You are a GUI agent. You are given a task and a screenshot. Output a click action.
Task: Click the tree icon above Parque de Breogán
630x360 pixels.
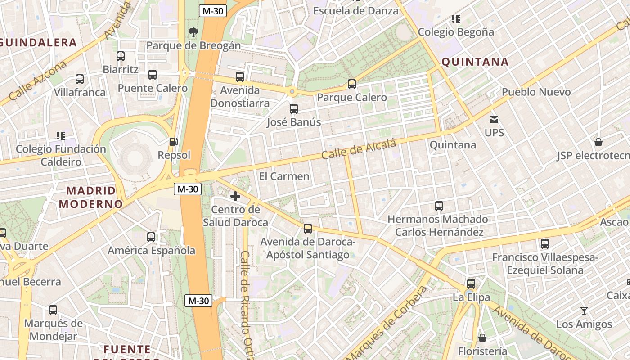pyautogui.click(x=193, y=32)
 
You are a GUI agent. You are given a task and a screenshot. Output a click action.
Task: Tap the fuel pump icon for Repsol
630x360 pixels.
pyautogui.click(x=173, y=142)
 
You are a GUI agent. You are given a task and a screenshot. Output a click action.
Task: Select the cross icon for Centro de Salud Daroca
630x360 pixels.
pyautogui.click(x=235, y=196)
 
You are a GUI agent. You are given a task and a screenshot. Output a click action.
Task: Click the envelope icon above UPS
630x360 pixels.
pyautogui.click(x=494, y=120)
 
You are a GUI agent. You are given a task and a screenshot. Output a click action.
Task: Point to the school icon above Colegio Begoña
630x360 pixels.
pyautogui.click(x=456, y=19)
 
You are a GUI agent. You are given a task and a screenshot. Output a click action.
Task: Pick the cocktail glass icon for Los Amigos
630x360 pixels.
pyautogui.click(x=584, y=311)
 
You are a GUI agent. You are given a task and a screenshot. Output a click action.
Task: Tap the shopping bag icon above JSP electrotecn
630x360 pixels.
pyautogui.click(x=598, y=142)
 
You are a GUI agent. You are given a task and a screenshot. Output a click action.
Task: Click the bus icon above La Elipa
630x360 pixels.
pyautogui.click(x=471, y=284)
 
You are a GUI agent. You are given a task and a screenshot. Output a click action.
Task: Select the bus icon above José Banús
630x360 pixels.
pyautogui.click(x=294, y=108)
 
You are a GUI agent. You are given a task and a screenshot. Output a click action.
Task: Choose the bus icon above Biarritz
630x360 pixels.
pyautogui.click(x=121, y=56)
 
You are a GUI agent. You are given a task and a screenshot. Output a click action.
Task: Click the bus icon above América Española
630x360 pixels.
pyautogui.click(x=151, y=237)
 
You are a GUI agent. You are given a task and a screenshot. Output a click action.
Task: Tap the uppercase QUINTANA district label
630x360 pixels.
pyautogui.click(x=475, y=62)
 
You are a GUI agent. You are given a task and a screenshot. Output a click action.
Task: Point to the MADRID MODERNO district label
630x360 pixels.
pyautogui.click(x=90, y=197)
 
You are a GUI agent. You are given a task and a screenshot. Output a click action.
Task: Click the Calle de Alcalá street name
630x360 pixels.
pyautogui.click(x=359, y=149)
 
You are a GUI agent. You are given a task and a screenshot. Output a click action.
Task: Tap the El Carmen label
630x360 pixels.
pyautogui.click(x=284, y=176)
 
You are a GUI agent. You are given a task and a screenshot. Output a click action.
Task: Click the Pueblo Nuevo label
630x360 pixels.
pyautogui.click(x=536, y=92)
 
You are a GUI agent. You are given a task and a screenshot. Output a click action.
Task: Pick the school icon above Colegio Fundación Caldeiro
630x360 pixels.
pyautogui.click(x=61, y=135)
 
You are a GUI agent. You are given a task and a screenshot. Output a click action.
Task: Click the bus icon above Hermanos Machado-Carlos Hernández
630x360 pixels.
pyautogui.click(x=439, y=206)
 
